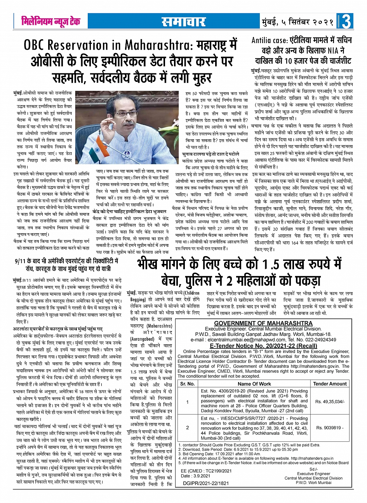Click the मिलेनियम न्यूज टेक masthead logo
pyautogui.click(x=51, y=21)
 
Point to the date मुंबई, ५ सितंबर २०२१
pyautogui.click(x=297, y=22)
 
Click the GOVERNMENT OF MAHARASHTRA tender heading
pyautogui.click(x=263, y=323)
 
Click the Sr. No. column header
pyautogui.click(x=188, y=383)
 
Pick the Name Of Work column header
pyautogui.click(x=254, y=383)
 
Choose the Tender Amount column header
pyautogui.click(x=330, y=383)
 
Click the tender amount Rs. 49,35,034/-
pyautogui.click(x=330, y=401)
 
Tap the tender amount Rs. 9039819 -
pyautogui.click(x=330, y=427)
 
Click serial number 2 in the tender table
pyautogui.click(x=188, y=427)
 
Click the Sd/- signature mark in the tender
pyautogui.click(x=313, y=470)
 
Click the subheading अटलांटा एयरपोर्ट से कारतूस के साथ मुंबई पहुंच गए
pyautogui.click(x=57, y=328)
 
